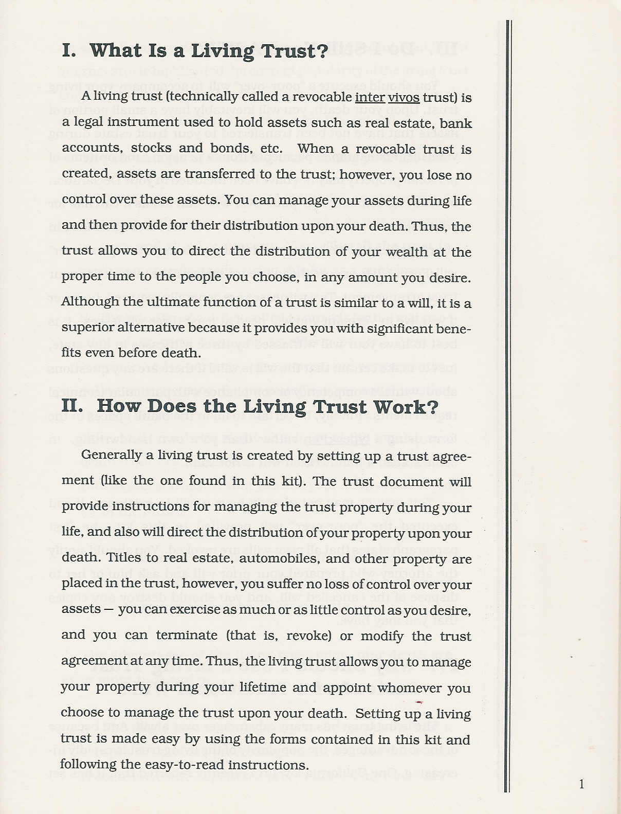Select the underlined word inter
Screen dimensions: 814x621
370,97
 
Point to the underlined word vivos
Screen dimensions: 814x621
404,97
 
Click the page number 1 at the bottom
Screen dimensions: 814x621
581,785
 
